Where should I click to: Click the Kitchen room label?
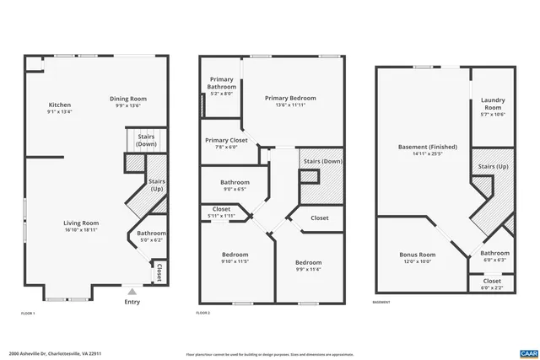(x=60, y=105)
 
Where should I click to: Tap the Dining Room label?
(x=129, y=99)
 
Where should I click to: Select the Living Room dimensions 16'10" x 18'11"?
(x=81, y=229)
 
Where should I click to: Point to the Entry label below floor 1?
(x=132, y=302)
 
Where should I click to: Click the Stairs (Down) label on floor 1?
(x=147, y=139)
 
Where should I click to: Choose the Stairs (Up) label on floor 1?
(x=157, y=185)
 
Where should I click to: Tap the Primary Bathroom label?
(x=222, y=83)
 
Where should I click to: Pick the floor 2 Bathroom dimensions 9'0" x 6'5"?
(x=235, y=189)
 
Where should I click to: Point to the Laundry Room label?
(x=493, y=105)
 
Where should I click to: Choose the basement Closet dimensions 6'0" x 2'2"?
(x=492, y=287)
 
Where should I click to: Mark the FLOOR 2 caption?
(x=202, y=313)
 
